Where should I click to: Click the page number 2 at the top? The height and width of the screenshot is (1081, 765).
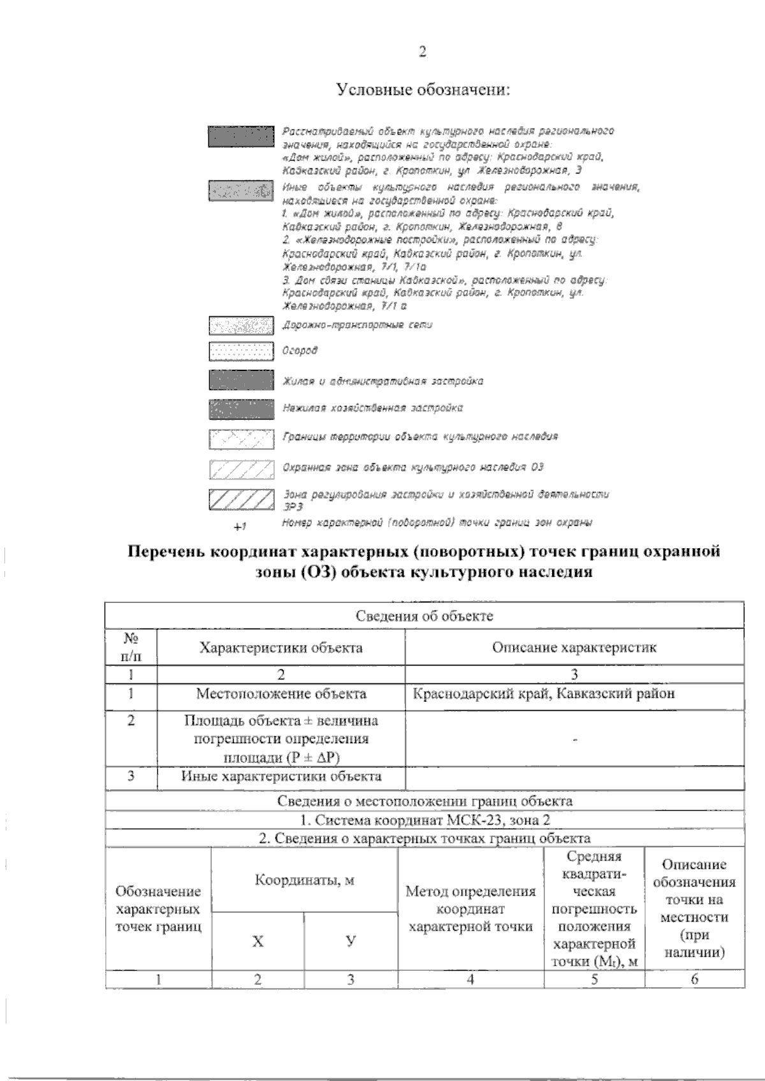pos(421,52)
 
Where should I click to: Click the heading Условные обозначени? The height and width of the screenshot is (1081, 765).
pos(423,90)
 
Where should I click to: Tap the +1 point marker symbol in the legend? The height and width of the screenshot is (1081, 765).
pos(240,526)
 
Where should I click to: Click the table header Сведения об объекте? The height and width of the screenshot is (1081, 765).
pos(424,616)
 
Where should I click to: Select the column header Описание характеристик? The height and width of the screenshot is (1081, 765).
pos(574,648)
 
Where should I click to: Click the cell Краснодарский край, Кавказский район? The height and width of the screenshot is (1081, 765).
pos(543,693)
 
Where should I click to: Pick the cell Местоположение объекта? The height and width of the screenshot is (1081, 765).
pos(280,693)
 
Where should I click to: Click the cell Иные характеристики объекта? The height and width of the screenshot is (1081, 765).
pos(280,776)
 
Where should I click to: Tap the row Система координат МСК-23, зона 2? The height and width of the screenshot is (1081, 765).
pos(424,820)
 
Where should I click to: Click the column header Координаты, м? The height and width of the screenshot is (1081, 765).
pos(304,880)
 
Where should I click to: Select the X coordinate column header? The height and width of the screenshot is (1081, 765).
pos(258,941)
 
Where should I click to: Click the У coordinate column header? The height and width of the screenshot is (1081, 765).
pos(350,941)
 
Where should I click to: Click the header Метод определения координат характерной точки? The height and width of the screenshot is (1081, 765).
pos(470,909)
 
